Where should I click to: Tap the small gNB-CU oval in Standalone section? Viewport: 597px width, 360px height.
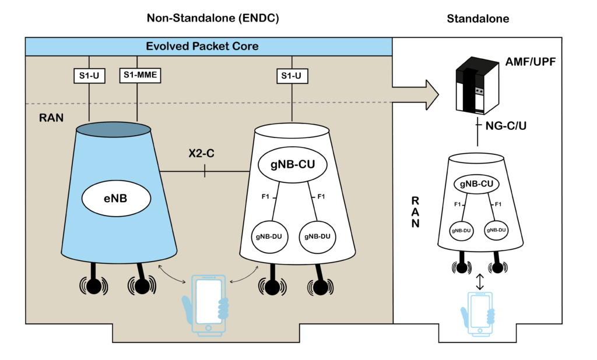coord(478,185)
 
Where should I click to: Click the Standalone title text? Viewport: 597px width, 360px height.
coord(477,19)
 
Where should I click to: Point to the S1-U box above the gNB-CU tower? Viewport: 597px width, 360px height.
coord(292,76)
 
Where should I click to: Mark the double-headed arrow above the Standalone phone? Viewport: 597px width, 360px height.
coord(479,281)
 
